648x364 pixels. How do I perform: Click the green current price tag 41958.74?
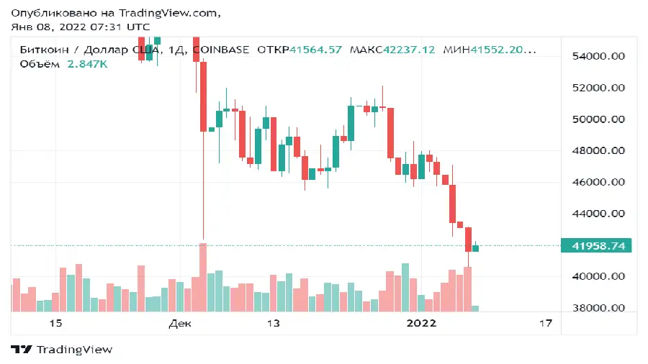tap(597, 245)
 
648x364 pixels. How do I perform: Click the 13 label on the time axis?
tap(273, 324)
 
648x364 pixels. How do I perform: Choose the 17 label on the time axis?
tap(545, 324)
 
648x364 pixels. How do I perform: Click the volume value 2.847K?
tap(88, 64)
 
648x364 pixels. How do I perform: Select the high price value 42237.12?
tap(409, 50)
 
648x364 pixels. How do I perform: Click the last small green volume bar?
tap(475, 309)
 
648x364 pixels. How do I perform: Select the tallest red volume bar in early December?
tap(203, 277)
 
